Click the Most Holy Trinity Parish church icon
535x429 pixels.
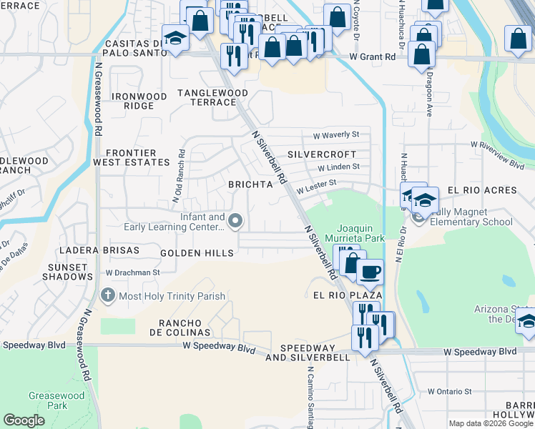click(107, 295)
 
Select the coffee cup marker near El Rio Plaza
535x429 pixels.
click(370, 272)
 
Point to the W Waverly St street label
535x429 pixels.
click(336, 134)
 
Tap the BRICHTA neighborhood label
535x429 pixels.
click(250, 184)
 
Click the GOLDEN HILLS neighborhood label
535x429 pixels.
click(197, 253)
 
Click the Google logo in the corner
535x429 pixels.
click(24, 420)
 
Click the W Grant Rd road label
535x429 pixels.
click(373, 56)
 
